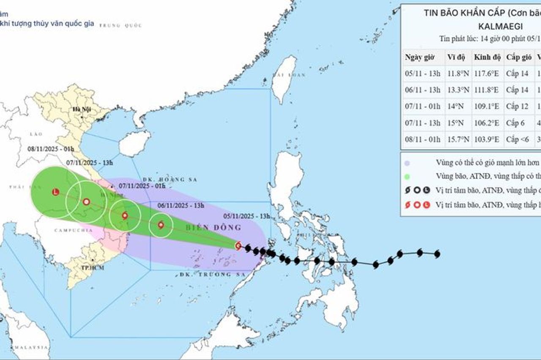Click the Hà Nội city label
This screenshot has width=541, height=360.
click(x=79, y=109)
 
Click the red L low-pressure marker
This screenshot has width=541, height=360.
click(x=55, y=192)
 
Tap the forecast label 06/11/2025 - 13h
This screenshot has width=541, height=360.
click(x=180, y=206)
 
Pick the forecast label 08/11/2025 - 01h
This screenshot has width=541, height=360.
click(x=51, y=149)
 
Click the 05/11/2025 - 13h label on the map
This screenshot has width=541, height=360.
click(x=246, y=216)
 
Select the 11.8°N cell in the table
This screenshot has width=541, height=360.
click(x=458, y=74)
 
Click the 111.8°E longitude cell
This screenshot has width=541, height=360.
click(x=486, y=90)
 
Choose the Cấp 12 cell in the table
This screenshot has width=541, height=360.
click(x=517, y=106)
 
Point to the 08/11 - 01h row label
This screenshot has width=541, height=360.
click(x=423, y=139)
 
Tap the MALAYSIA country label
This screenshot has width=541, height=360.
click(x=30, y=347)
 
